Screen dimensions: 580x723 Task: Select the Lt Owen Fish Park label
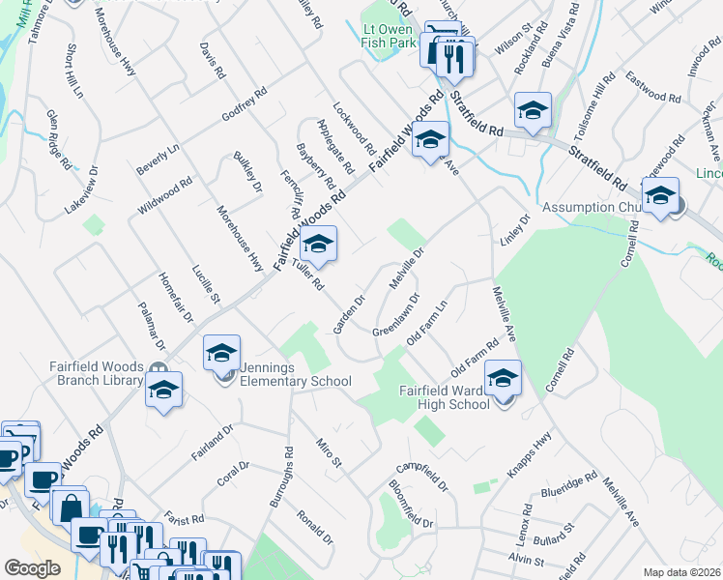tap(388, 36)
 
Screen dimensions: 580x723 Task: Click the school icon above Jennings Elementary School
tap(222, 356)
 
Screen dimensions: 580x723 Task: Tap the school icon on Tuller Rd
tap(318, 246)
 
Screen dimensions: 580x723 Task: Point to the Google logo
tap(32, 568)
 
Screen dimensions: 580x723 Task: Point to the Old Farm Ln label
tap(427, 324)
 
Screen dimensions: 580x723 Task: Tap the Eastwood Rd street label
tap(653, 85)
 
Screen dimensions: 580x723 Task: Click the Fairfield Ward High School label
tap(446, 397)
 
